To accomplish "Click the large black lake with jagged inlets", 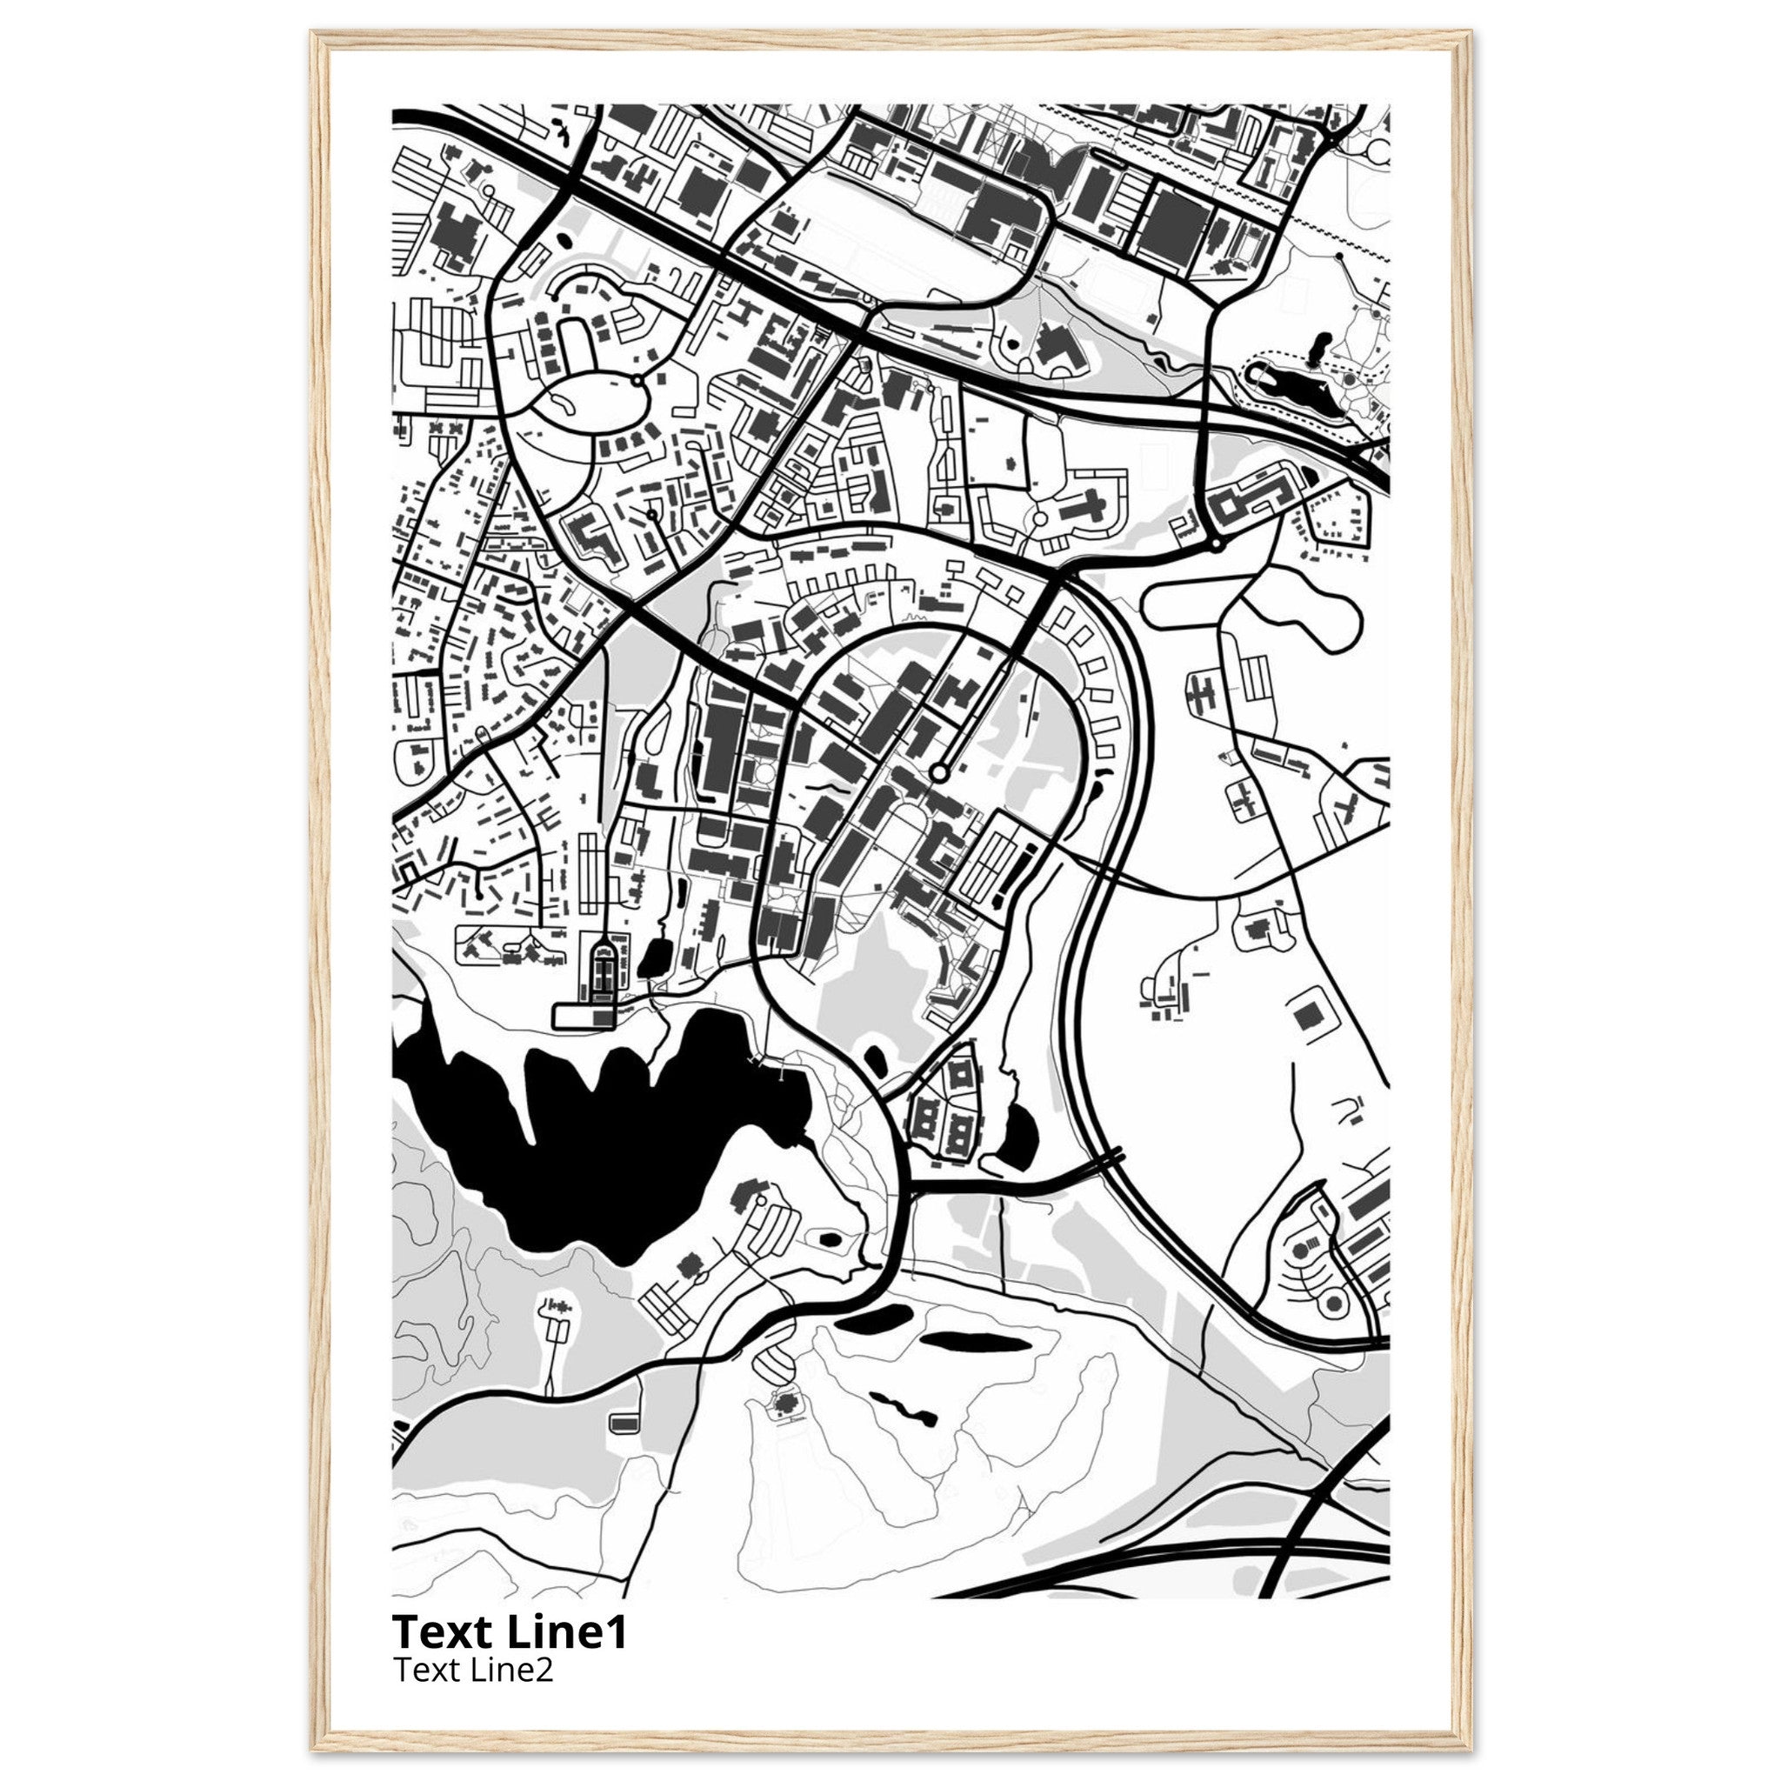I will (x=590, y=1152).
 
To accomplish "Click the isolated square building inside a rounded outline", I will (x=1306, y=1017).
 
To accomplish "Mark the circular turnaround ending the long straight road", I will (x=938, y=772).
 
